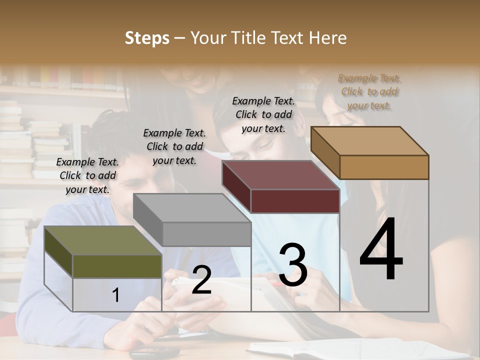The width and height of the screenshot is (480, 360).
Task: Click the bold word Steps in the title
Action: pos(147,38)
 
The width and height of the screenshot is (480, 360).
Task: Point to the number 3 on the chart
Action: pos(293,264)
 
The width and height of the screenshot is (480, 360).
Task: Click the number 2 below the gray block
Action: pos(201,280)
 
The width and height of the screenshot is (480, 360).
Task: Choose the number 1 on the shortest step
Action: pos(116,295)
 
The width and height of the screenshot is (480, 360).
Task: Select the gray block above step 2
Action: pos(192,208)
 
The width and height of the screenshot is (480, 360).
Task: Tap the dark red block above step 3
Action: pos(280,175)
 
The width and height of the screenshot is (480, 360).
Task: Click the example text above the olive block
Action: pos(87,175)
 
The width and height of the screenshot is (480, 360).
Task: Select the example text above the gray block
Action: pos(174,146)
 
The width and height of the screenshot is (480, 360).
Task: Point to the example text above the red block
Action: pos(263,114)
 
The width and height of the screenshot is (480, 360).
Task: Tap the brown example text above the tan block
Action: pos(369,91)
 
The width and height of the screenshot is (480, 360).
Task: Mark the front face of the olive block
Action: pos(117,266)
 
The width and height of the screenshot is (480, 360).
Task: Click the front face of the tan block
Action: pos(384,167)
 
